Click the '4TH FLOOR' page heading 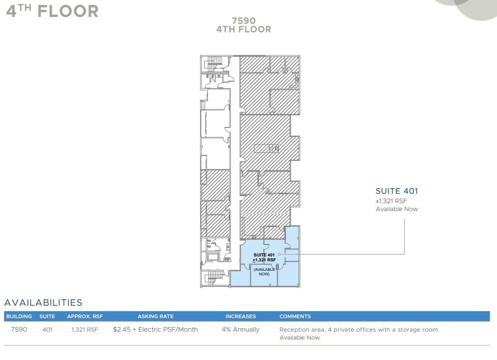coord(52,10)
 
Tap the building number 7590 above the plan coord(244,20)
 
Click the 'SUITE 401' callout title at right coord(396,191)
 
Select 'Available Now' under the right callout coord(396,209)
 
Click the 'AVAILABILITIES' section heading coord(43,303)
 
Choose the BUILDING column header coord(19,316)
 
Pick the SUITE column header coord(47,316)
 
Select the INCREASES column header coord(241,316)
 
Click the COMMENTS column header coord(295,316)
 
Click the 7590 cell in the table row coord(19,330)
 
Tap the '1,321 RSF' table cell coord(84,330)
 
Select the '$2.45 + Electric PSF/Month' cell coord(155,330)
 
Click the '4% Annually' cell coord(241,330)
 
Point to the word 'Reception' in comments coord(294,330)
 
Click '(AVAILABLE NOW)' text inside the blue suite coord(264,271)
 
